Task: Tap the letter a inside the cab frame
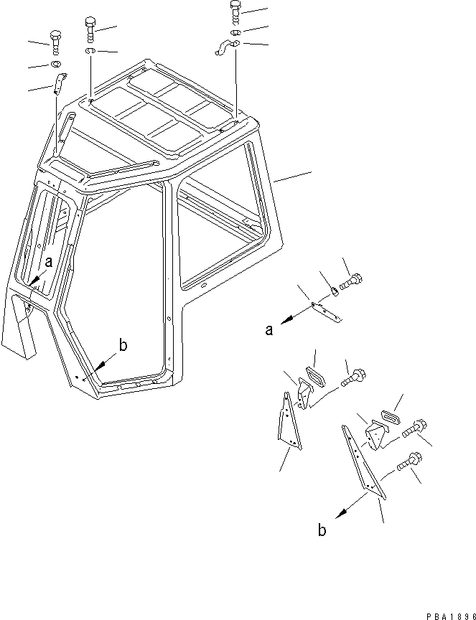(48, 263)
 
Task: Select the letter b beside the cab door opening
(123, 346)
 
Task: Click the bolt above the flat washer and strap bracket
(55, 39)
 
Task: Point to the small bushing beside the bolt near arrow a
(335, 291)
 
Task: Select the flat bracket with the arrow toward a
(327, 310)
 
